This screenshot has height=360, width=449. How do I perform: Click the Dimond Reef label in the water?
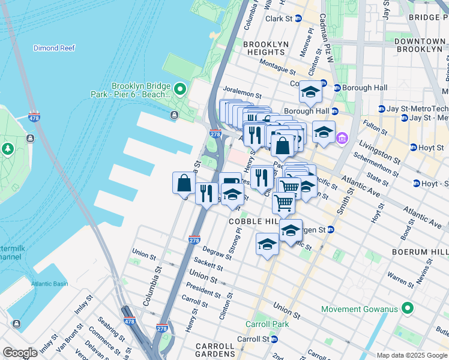point(53,48)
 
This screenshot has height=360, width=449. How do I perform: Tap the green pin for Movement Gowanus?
point(408,309)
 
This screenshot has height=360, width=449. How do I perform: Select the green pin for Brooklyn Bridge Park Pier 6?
point(180,90)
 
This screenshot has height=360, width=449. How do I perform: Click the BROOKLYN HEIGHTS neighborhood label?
point(266,49)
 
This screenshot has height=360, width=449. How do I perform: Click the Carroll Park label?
point(267,324)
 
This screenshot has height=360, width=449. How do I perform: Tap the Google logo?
point(20,353)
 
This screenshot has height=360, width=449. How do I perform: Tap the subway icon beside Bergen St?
point(330,230)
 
